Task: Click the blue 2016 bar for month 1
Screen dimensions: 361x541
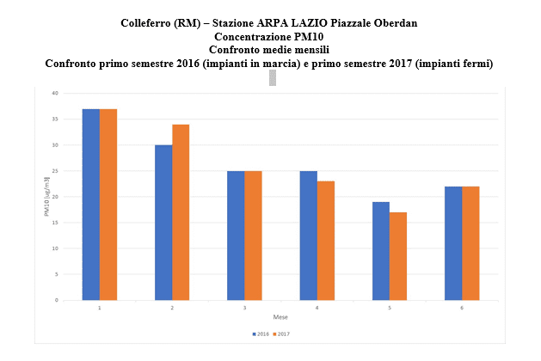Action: (x=90, y=205)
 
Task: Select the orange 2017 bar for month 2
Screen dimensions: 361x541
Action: (x=181, y=212)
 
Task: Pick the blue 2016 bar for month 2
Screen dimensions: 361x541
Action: (x=163, y=223)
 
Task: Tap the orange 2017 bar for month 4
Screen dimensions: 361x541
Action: (x=325, y=241)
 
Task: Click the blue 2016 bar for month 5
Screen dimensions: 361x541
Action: (x=380, y=251)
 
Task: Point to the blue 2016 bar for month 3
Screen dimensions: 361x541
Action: (x=235, y=236)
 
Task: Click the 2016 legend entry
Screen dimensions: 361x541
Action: (x=261, y=333)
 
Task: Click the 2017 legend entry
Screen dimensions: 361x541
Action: (x=282, y=333)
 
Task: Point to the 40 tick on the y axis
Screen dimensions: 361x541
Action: (x=54, y=93)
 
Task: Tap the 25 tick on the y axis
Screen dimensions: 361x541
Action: (x=54, y=171)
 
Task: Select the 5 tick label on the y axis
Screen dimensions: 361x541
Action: (x=56, y=274)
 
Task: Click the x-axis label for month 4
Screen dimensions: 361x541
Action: (x=317, y=307)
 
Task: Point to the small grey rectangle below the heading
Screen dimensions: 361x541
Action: (x=273, y=78)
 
